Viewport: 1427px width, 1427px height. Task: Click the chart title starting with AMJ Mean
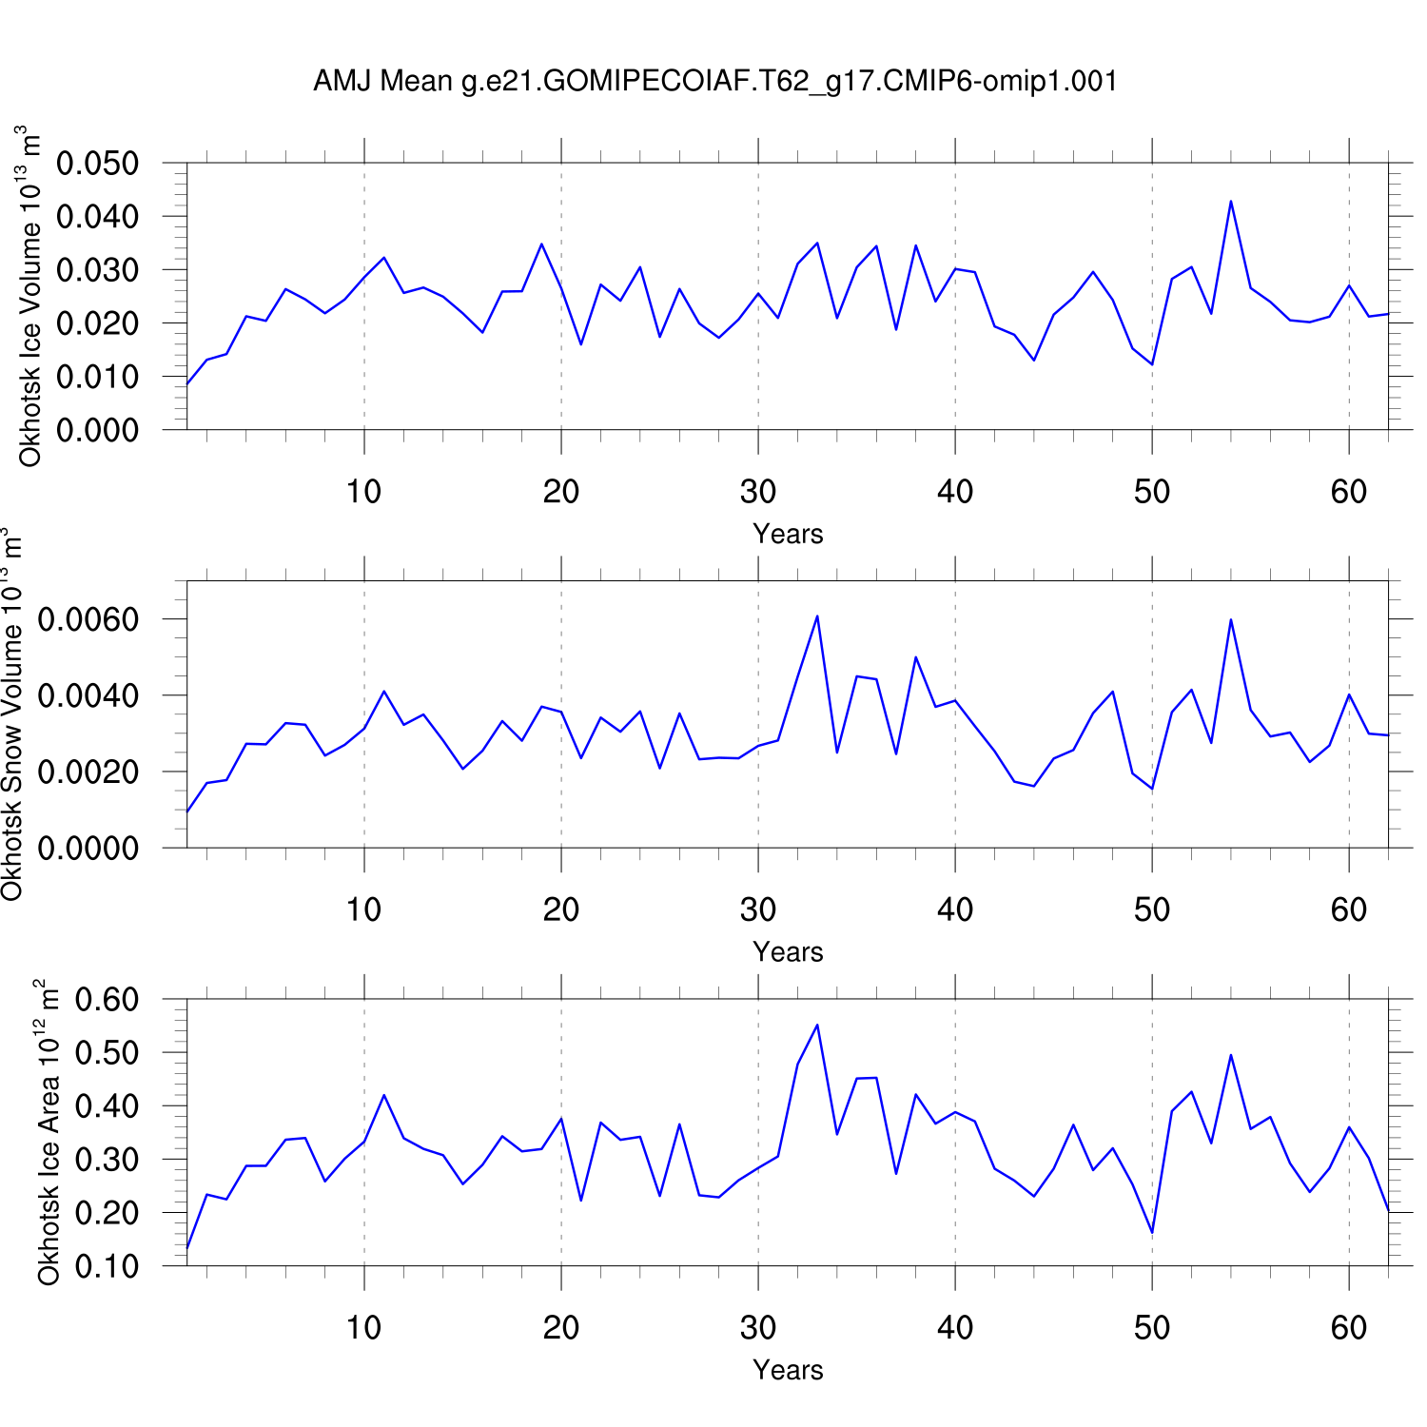tap(714, 82)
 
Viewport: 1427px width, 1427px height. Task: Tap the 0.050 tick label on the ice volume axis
tap(97, 164)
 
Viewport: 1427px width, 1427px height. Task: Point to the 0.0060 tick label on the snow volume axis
tap(88, 620)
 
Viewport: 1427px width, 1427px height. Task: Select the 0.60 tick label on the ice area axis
tap(107, 1000)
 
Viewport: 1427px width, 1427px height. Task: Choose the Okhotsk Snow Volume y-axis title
tap(12, 715)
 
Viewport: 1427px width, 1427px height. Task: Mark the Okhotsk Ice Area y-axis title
tap(49, 1132)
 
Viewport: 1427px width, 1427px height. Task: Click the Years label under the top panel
tap(788, 534)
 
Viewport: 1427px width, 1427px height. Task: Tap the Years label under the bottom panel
tap(788, 1370)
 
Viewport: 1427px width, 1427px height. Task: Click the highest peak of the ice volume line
tap(1231, 202)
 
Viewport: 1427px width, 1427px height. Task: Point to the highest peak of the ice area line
tap(817, 1025)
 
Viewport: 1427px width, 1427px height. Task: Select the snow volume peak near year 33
tap(817, 616)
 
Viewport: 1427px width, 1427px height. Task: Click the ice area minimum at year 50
tap(1152, 1233)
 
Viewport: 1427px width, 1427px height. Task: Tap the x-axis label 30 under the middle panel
tap(758, 910)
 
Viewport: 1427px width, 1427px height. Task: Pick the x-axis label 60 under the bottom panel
tap(1349, 1328)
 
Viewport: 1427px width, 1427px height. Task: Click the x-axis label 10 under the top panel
tap(363, 492)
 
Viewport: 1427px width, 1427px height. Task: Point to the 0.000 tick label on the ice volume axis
tap(97, 430)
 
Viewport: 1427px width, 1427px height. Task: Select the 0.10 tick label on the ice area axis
tap(107, 1266)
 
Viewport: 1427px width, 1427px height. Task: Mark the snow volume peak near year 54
tap(1231, 620)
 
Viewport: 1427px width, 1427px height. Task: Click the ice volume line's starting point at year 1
tap(187, 384)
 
